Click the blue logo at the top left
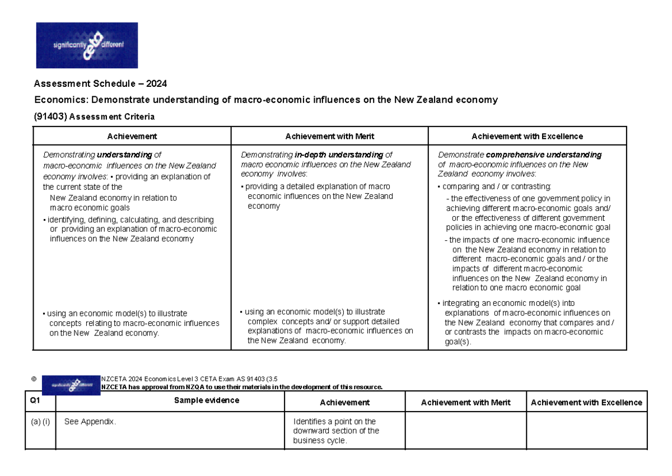click(x=87, y=45)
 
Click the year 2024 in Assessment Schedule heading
click(x=157, y=84)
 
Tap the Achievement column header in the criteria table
click(x=132, y=136)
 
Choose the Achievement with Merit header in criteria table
click(x=330, y=136)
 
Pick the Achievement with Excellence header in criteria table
click(x=527, y=136)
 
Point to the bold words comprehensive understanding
click(x=544, y=155)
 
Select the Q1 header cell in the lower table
click(x=35, y=401)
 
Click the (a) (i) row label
click(x=40, y=422)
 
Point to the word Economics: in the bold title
click(x=60, y=100)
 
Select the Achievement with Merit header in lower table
click(x=465, y=403)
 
